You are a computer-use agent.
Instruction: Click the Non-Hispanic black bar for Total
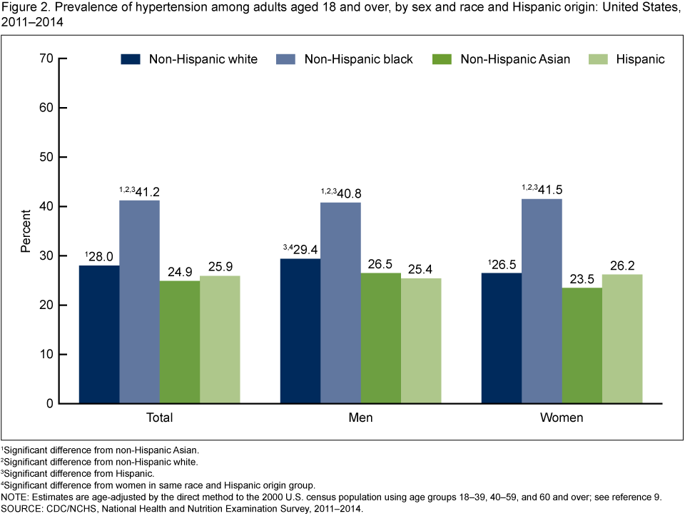[139, 302]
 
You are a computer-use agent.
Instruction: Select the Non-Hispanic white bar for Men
[300, 331]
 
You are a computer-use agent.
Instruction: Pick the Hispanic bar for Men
[421, 341]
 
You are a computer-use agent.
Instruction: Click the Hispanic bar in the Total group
[220, 340]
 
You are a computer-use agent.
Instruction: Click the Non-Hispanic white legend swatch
[132, 59]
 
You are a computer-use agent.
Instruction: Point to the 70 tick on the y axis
[47, 59]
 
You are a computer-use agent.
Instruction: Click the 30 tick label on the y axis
[47, 256]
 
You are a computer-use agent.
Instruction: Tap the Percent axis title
[26, 231]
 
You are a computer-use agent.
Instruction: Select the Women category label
[562, 418]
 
